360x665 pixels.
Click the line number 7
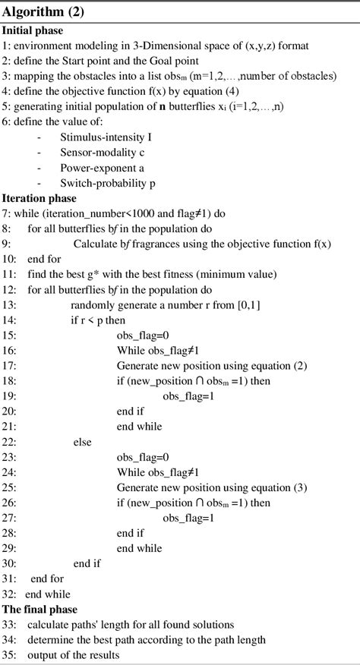pyautogui.click(x=5, y=213)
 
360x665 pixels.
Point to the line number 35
pyautogui.click(x=8, y=655)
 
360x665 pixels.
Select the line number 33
pyautogui.click(x=8, y=625)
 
